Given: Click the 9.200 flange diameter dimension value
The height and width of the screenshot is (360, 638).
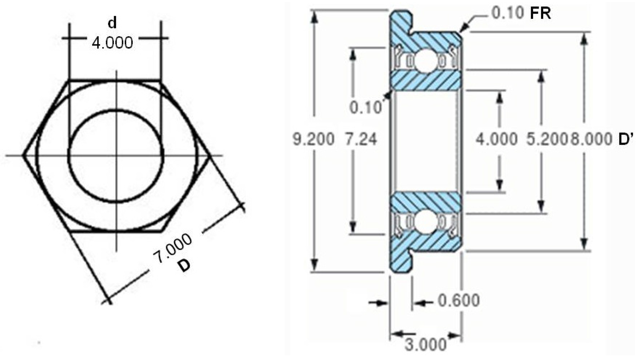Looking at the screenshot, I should (313, 139).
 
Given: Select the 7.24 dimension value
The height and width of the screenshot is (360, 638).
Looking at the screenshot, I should (361, 139).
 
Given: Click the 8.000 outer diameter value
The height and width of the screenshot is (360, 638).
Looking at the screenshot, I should (591, 139).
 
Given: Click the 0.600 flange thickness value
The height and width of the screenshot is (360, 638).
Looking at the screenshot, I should (459, 300).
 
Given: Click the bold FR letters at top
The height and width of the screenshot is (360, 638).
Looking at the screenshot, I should (540, 14).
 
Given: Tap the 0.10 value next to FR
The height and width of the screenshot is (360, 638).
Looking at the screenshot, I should (507, 14).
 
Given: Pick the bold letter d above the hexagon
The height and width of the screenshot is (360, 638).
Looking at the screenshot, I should (112, 23).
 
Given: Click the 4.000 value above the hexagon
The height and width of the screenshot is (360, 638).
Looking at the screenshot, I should (112, 43).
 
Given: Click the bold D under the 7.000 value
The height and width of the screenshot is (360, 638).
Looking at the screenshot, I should (184, 265).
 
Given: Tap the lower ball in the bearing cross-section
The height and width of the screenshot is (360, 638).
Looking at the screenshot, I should (426, 222).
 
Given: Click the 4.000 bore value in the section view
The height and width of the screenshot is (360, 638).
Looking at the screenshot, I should (496, 139).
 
